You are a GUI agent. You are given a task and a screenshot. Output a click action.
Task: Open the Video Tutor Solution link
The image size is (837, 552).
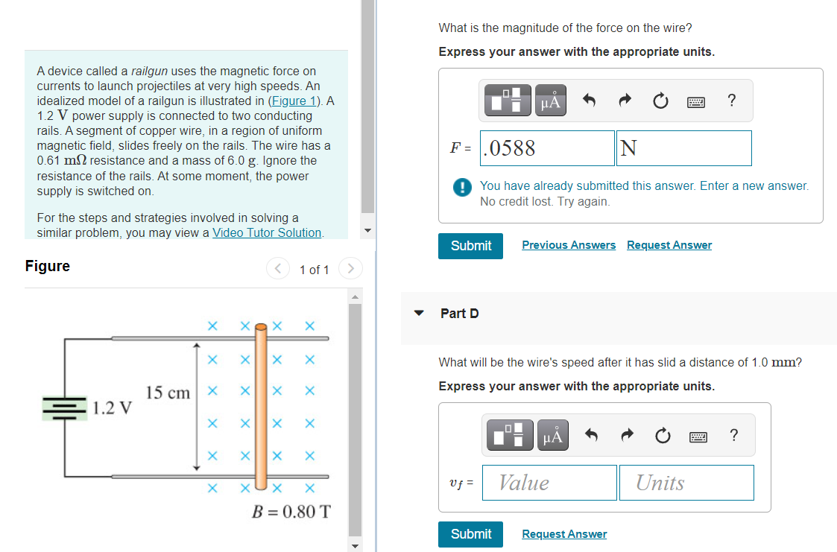pos(267,232)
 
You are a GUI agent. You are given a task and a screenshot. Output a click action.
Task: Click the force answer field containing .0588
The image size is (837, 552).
pos(548,148)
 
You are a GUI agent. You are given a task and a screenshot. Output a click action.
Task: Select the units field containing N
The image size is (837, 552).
pos(683,148)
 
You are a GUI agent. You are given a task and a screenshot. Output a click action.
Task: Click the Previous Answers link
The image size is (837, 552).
pos(569,245)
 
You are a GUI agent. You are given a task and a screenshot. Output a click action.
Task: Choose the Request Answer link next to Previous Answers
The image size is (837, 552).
pos(669,245)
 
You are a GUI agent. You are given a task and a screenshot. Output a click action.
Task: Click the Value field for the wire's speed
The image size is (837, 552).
pos(549,483)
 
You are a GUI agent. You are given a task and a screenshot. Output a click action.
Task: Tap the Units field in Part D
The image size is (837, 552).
pos(686,483)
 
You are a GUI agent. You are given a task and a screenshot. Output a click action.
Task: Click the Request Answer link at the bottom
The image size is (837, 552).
pos(564,534)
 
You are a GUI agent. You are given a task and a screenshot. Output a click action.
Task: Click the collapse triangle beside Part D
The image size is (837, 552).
pos(420,314)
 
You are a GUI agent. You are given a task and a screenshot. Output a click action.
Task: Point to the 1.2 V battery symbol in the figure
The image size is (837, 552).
pos(66,407)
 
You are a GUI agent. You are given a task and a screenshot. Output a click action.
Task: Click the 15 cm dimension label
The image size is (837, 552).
pos(168,393)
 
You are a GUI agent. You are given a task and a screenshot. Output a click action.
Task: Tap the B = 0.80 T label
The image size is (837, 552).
pos(291,513)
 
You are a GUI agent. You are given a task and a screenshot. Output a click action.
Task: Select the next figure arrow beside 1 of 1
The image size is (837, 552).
pos(350,269)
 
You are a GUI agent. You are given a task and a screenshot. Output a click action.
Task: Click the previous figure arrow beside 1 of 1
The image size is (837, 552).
pos(278,269)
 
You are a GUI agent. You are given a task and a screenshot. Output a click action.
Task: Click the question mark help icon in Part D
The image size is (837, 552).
pos(734,435)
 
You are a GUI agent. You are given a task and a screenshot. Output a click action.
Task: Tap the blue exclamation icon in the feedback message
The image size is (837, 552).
pos(462,186)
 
